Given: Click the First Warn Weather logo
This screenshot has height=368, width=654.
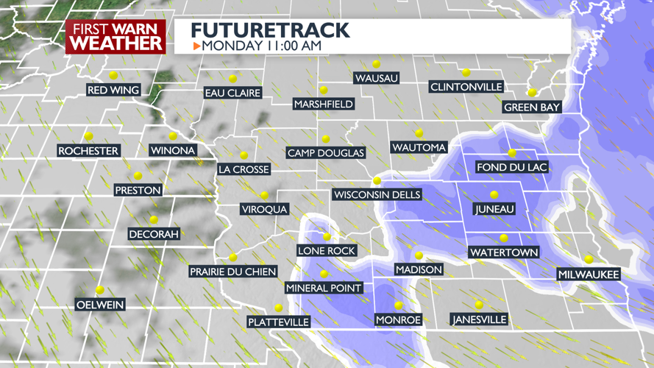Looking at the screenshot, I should coord(115,36).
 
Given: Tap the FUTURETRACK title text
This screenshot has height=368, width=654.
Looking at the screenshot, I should coord(269,30).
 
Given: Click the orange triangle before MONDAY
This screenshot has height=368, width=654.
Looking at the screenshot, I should coord(196,46).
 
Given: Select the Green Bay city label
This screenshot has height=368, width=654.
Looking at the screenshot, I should coord(532,107).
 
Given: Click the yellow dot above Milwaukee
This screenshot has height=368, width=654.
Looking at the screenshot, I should coord(589,259).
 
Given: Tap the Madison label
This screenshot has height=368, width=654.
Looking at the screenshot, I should coord(419,269).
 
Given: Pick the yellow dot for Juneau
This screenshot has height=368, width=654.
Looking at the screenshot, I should coord(494,194).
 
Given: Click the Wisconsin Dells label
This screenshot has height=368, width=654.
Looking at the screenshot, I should coord(377,195).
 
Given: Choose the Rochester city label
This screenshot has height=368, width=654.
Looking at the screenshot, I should coord(88,151).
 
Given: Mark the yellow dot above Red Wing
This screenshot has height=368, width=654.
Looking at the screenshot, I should coord(113,75).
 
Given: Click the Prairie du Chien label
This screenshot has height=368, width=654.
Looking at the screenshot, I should coord(232,272).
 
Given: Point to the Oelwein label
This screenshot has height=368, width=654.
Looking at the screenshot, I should coord(100,305).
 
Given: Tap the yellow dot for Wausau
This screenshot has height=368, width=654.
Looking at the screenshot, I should coord(376,64).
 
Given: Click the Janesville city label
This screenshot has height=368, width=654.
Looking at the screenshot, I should coord(480,319).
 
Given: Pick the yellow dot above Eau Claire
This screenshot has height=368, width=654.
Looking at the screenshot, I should coord(232,78).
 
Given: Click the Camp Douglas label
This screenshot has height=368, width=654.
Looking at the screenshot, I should coord(325,153).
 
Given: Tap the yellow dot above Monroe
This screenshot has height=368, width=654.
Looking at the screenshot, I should coord(399,305).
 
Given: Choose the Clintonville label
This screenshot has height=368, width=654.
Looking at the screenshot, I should coord(466,87).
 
